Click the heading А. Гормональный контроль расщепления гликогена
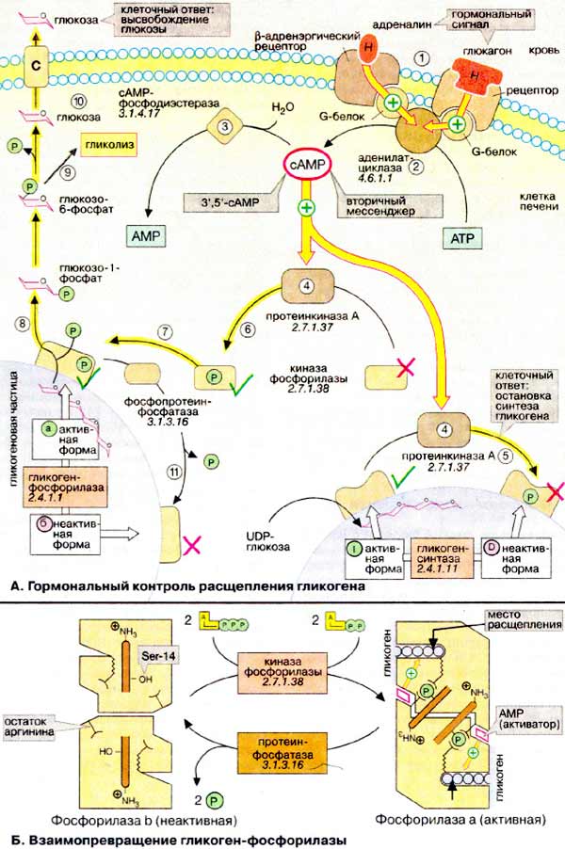click(x=186, y=586)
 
